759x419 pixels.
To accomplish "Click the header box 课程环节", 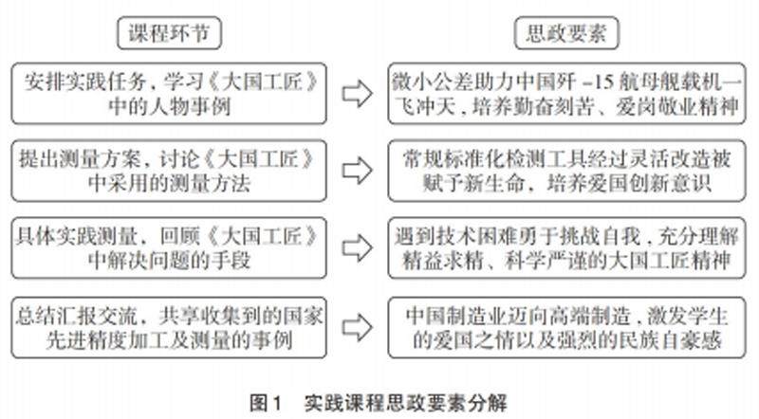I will pos(170,34).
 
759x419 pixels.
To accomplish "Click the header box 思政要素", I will pos(572,34).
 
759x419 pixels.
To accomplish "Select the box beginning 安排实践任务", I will pos(170,93).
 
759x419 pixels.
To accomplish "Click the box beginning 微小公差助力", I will pos(572,93).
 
